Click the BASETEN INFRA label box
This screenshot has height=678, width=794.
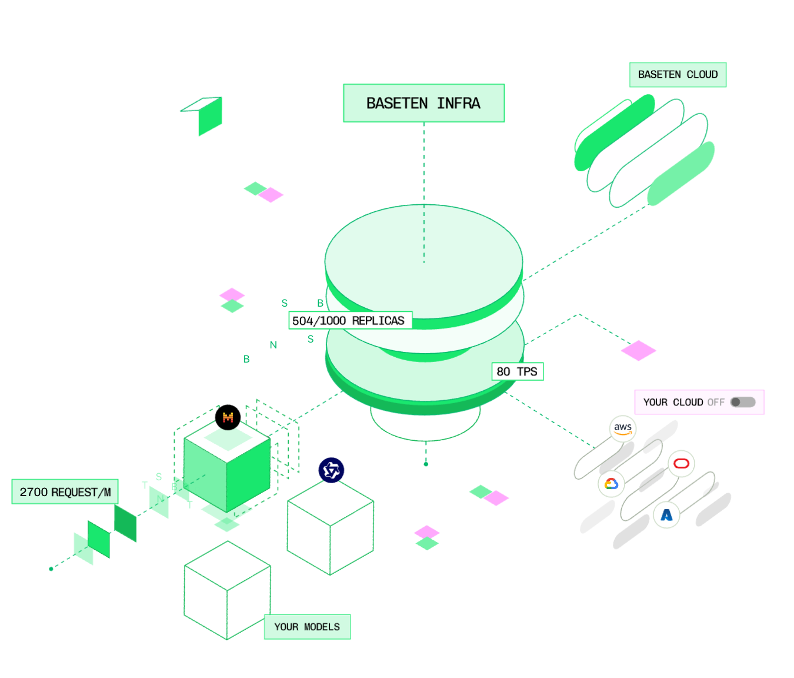(x=423, y=103)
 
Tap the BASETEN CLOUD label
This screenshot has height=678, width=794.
(x=678, y=75)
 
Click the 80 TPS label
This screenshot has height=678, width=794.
(x=517, y=371)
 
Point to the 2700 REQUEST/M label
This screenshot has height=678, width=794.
(x=65, y=492)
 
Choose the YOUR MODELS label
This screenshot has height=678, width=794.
(x=307, y=627)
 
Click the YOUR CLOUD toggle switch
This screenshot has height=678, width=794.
(x=743, y=402)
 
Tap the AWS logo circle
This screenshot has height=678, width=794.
(x=623, y=428)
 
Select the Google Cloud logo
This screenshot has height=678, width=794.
(x=611, y=484)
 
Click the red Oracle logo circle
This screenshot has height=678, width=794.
(x=681, y=464)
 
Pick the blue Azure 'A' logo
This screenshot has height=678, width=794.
(x=666, y=515)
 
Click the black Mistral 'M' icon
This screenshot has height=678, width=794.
(x=228, y=417)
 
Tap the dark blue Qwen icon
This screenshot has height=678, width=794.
(x=331, y=470)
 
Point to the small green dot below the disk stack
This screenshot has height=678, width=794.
(x=426, y=464)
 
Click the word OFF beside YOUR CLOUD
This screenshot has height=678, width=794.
(x=716, y=403)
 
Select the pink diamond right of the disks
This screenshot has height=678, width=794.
(x=638, y=350)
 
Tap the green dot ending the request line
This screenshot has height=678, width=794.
(x=51, y=569)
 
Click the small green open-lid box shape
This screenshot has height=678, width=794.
(x=205, y=115)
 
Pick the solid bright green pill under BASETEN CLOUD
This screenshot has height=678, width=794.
(x=615, y=132)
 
